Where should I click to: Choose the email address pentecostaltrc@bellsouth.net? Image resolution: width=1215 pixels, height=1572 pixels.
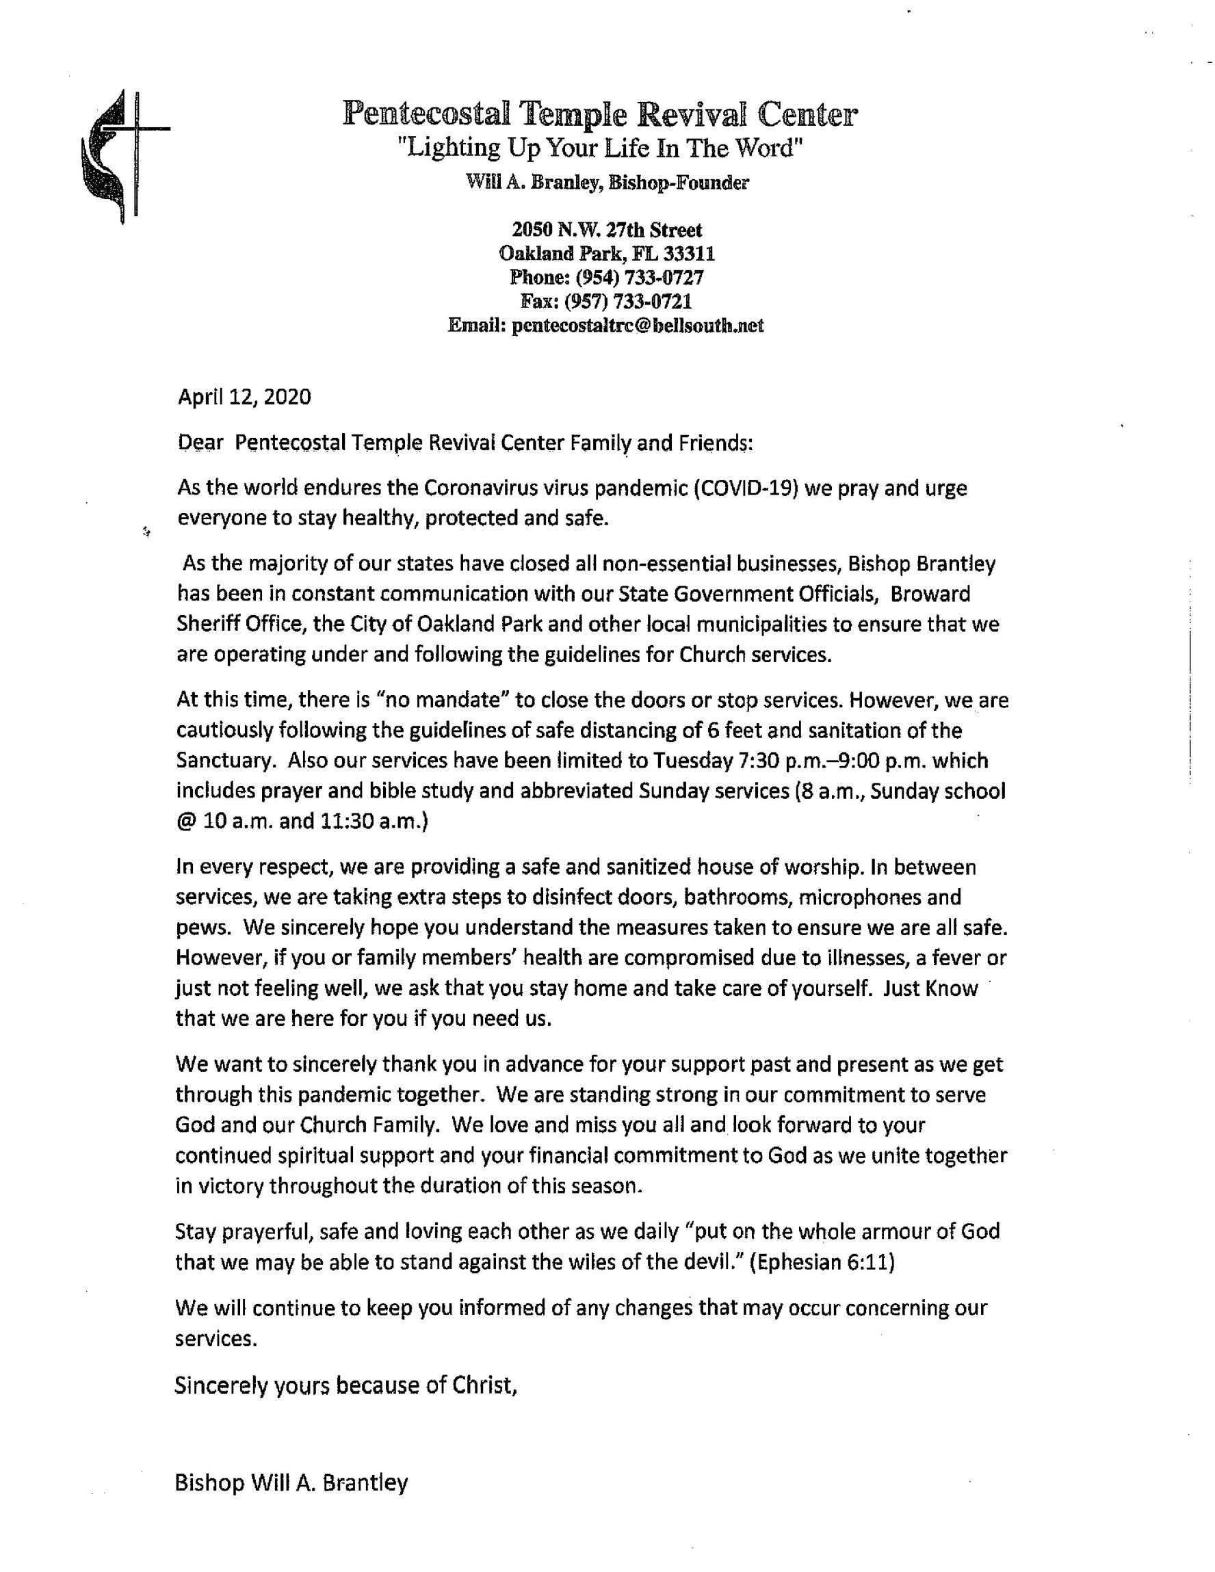(637, 326)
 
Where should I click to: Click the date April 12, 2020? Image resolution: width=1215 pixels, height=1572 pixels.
(244, 397)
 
